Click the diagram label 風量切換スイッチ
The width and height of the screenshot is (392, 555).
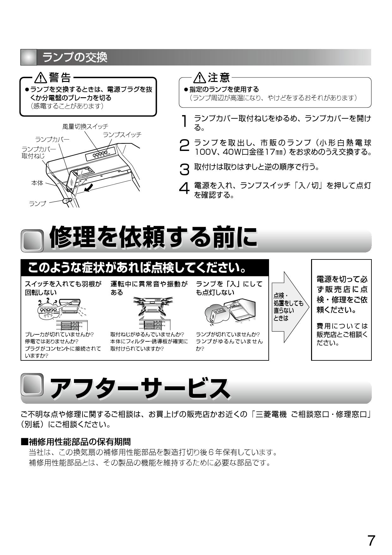click(85, 127)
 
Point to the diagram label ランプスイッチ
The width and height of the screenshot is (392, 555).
click(122, 135)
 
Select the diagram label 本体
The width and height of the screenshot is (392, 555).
click(37, 183)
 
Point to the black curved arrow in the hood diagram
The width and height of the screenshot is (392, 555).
click(90, 188)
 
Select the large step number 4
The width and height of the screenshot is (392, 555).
click(184, 189)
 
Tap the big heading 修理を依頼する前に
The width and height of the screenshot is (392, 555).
click(153, 237)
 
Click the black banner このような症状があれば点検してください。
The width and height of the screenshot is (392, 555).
click(137, 268)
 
